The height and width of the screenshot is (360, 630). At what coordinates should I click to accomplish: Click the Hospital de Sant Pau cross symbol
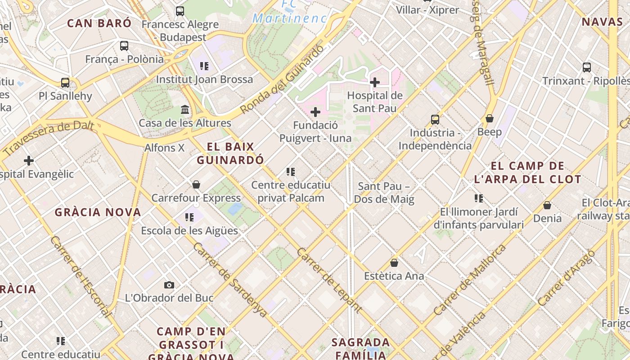(x=374, y=82)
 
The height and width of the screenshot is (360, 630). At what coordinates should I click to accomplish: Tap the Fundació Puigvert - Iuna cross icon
(x=315, y=112)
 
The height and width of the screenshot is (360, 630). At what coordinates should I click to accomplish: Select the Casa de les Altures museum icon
(x=185, y=109)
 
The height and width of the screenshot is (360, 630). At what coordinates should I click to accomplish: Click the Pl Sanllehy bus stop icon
(x=65, y=82)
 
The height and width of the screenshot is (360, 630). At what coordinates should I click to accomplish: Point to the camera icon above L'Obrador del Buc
(x=169, y=285)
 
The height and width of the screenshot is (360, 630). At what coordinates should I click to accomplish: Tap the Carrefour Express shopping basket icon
(x=196, y=184)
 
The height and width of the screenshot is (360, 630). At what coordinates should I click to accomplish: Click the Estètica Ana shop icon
(x=394, y=263)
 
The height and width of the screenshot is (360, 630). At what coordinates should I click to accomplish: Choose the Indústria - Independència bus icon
(x=435, y=119)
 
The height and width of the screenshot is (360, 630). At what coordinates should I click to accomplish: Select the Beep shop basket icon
(x=489, y=118)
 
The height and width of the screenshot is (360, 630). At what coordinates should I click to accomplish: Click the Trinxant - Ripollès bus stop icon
(x=586, y=67)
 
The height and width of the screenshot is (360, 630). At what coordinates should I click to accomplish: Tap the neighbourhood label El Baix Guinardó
(x=230, y=153)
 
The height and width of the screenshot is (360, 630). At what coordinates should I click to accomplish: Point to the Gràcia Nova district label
(x=98, y=212)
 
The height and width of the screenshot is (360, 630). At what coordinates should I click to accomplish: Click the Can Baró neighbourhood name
(x=99, y=23)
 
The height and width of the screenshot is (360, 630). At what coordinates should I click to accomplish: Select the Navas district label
(x=602, y=22)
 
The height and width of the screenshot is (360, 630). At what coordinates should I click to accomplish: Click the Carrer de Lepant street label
(x=329, y=280)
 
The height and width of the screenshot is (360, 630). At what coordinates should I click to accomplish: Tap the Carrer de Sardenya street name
(x=230, y=279)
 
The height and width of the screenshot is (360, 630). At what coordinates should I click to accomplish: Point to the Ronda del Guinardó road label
(x=282, y=80)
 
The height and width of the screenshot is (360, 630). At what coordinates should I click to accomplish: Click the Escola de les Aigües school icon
(x=189, y=217)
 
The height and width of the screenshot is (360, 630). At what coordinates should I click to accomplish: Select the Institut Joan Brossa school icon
(x=204, y=66)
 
